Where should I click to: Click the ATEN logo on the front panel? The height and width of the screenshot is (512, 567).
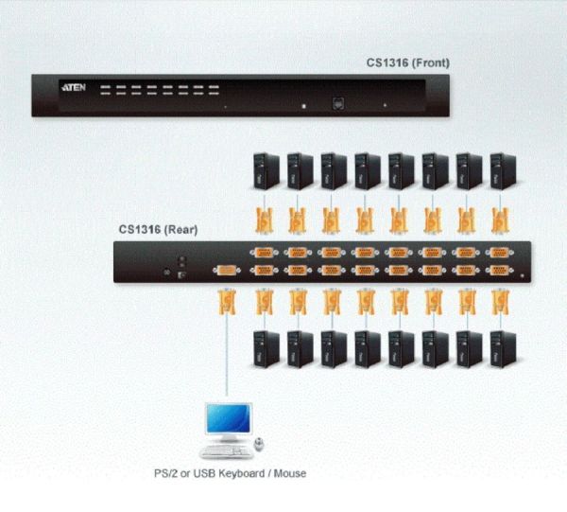74,87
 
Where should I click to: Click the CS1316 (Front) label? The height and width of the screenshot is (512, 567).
408,63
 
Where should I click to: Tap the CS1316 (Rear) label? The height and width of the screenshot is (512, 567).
159,230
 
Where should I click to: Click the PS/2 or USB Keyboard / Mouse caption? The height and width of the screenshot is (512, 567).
230,473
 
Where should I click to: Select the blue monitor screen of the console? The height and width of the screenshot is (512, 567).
228,418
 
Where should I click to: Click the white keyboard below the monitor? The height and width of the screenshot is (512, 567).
227,451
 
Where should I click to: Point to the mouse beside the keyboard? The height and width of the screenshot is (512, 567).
259,444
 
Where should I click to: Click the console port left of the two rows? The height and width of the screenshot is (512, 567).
227,270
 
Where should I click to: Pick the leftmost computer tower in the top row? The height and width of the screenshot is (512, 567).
266,171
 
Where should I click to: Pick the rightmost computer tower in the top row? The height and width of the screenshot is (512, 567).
503,171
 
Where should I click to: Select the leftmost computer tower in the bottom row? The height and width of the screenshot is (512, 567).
266,349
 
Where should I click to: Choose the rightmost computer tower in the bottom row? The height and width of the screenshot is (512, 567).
503,349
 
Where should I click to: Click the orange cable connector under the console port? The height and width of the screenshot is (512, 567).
227,301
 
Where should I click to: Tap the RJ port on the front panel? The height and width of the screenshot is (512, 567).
338,103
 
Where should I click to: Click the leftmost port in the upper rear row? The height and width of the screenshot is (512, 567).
264,253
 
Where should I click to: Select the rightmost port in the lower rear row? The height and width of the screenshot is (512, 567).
499,270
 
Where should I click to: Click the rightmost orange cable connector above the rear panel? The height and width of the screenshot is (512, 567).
501,220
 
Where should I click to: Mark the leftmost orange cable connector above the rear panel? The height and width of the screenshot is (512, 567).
265,220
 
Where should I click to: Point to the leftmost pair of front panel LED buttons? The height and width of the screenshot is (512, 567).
105,90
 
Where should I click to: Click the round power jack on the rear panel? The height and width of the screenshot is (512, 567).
166,272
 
